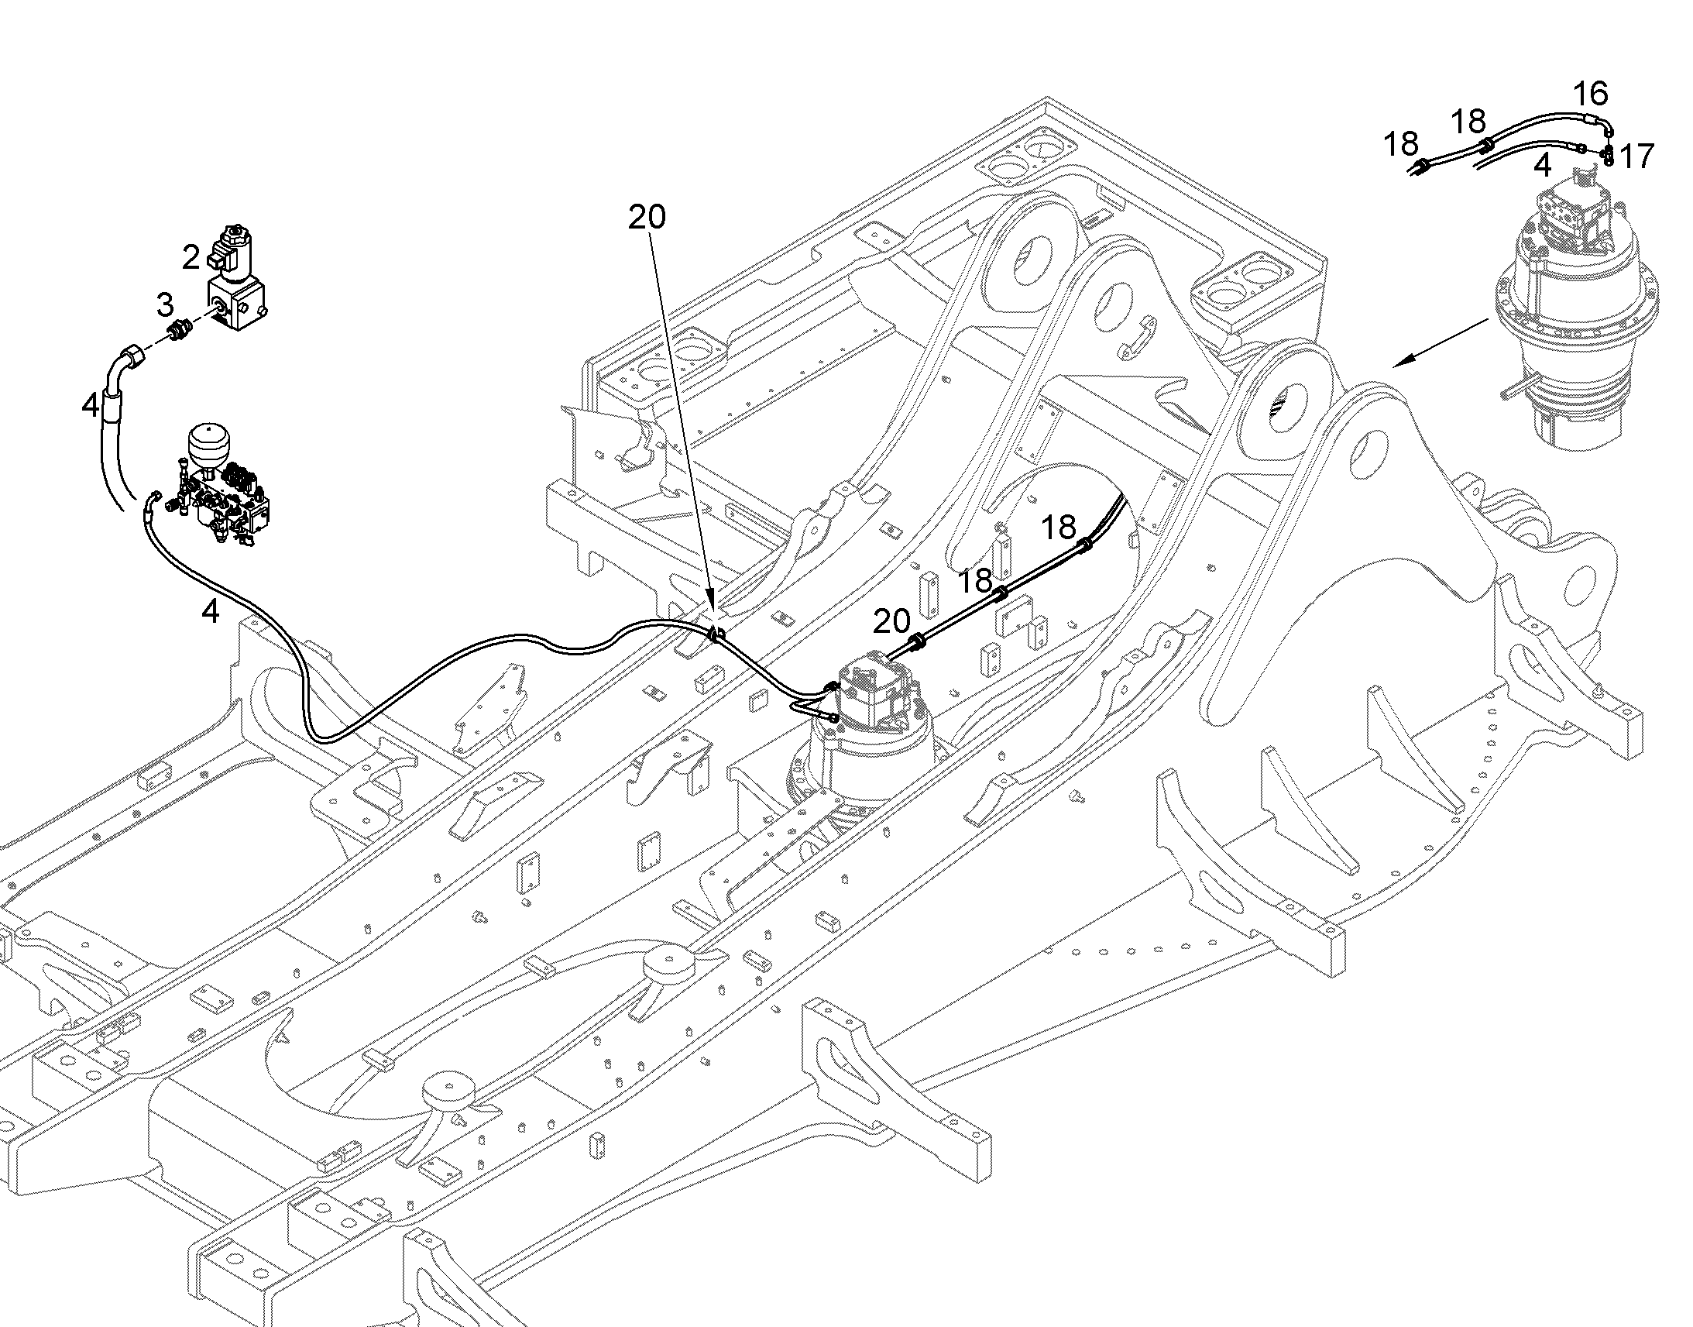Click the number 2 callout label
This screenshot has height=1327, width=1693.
click(x=191, y=257)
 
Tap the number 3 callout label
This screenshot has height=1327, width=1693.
click(x=165, y=304)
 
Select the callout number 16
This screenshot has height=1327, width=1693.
click(x=1591, y=94)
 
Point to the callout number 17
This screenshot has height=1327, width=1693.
click(x=1636, y=156)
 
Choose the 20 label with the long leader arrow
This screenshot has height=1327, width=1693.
click(x=647, y=217)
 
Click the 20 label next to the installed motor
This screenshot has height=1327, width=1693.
click(x=891, y=621)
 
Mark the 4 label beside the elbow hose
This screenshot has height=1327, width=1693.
click(x=91, y=405)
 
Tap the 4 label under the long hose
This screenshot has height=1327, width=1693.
click(x=210, y=611)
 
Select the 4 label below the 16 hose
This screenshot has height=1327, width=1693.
click(x=1542, y=166)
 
